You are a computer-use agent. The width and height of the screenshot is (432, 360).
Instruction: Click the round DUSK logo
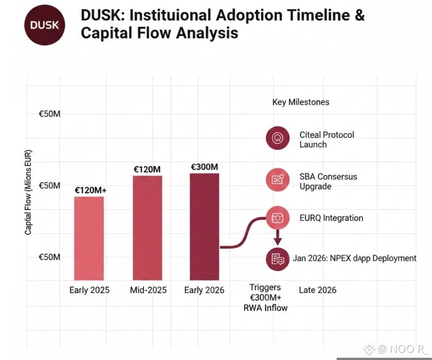click(x=44, y=25)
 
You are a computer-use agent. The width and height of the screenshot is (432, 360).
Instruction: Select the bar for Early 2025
click(x=89, y=238)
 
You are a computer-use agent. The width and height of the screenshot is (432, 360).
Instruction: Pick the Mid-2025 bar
click(x=147, y=228)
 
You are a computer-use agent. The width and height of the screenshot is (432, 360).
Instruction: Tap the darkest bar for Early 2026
click(x=205, y=226)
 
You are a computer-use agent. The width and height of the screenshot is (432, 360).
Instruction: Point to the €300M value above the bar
click(x=205, y=167)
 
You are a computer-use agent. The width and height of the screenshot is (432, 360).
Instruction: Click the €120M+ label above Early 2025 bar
click(x=91, y=191)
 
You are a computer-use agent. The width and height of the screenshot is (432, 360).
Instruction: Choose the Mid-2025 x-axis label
click(x=148, y=290)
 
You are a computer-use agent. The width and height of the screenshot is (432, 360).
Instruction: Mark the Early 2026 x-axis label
click(x=204, y=290)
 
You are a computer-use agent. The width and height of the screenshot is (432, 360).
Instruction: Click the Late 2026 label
click(x=317, y=290)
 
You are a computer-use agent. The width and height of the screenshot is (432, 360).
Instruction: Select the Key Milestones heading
click(x=300, y=102)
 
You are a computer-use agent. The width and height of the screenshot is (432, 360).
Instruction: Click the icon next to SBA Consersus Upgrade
click(x=278, y=180)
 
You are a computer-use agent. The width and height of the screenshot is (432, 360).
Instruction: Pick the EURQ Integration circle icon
click(x=278, y=218)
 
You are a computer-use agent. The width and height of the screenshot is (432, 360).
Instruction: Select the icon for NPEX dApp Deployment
click(x=278, y=259)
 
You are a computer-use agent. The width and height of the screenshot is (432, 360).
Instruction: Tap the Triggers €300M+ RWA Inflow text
click(x=265, y=297)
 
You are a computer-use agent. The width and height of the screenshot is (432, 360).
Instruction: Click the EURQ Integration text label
click(x=331, y=218)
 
